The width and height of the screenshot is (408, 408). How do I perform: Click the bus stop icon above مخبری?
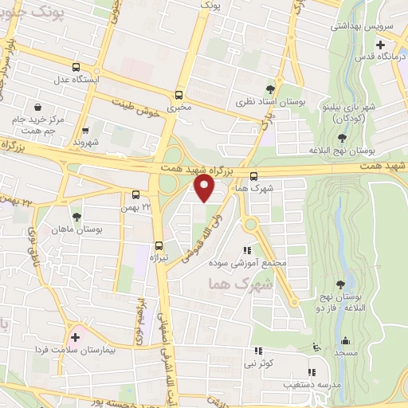pos(178,92)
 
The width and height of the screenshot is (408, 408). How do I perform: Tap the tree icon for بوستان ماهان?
pos(76,216)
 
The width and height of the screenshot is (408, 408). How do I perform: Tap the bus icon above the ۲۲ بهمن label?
pos(136,194)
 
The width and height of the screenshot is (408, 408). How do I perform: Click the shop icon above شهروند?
pos(85,131)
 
